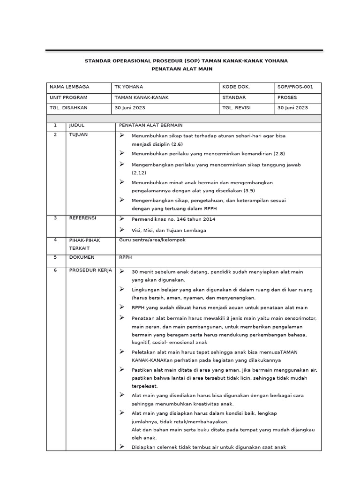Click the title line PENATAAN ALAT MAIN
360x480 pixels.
tap(182, 69)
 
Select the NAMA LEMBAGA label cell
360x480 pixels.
tap(69, 87)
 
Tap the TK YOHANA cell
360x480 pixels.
tap(129, 87)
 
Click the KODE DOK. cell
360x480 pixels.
tap(236, 87)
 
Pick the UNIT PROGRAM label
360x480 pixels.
tap(68, 97)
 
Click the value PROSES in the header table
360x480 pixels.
tap(287, 97)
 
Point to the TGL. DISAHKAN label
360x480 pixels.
tap(68, 108)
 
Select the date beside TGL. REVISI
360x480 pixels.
tap(292, 108)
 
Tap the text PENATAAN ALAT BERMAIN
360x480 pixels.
tap(150, 126)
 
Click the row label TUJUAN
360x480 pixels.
tap(78, 135)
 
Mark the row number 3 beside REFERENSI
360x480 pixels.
tap(55, 218)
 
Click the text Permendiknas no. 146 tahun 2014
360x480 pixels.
tap(173, 219)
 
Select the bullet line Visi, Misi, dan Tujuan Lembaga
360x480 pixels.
tap(169, 231)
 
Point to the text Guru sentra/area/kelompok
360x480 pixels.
tap(152, 240)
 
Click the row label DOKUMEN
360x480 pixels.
tap(82, 257)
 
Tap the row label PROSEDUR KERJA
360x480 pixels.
tap(90, 270)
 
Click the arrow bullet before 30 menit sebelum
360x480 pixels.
tap(122, 271)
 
